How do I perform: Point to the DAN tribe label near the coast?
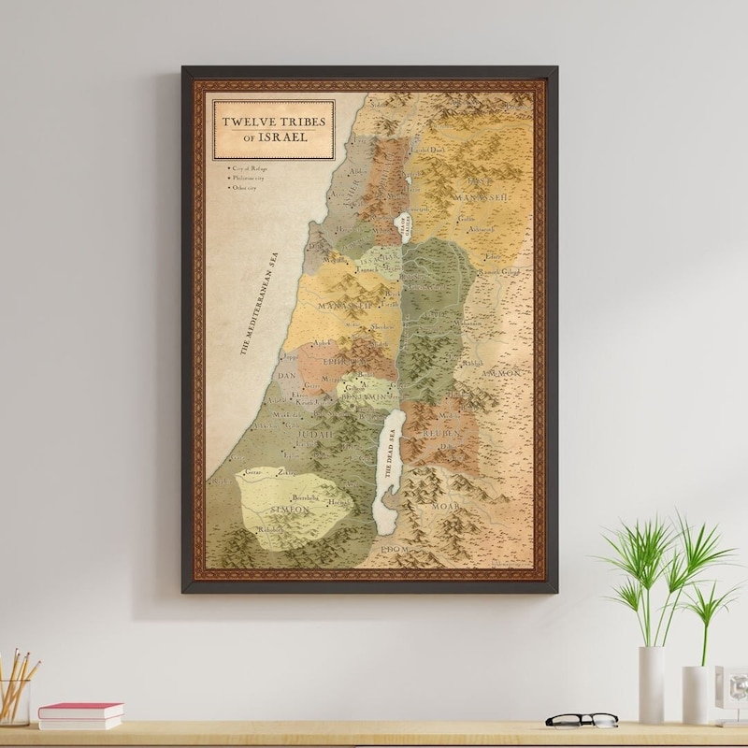pyautogui.click(x=286, y=376)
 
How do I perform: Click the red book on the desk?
pyautogui.click(x=80, y=712)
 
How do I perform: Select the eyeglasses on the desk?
pyautogui.click(x=582, y=720)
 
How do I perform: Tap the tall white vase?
pyautogui.click(x=651, y=683)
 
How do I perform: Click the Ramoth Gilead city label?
pyautogui.click(x=498, y=272)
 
